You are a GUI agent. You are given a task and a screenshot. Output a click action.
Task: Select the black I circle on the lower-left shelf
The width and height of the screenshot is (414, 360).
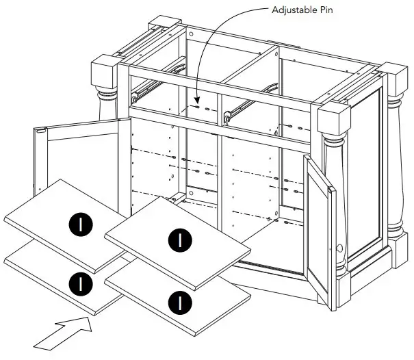pyautogui.click(x=80, y=281)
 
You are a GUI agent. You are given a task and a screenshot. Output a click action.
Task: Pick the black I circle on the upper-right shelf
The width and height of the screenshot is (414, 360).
pyautogui.click(x=180, y=239)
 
